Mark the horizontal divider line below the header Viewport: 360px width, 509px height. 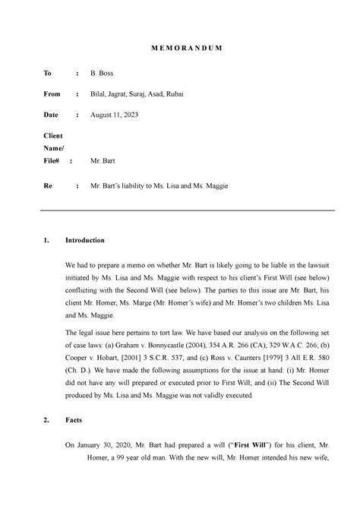point(180,210)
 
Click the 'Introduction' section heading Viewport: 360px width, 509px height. point(84,240)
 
